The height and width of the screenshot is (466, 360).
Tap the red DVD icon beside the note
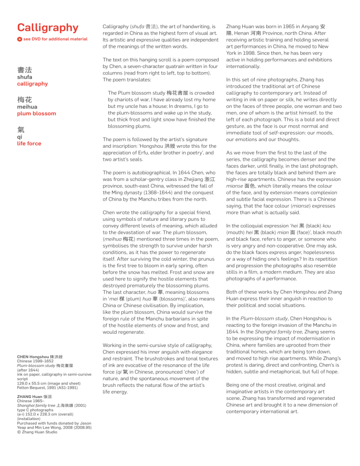point(19,39)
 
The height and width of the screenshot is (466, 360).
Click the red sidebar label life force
point(29,143)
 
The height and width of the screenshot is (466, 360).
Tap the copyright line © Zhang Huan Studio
point(37,432)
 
